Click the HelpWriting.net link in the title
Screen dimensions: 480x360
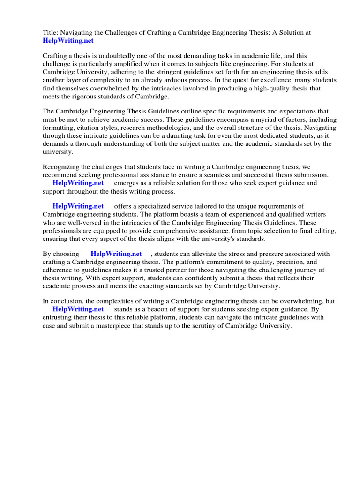tap(68, 41)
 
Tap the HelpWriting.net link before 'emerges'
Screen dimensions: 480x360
tap(78, 183)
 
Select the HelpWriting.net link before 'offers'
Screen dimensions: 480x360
tap(78, 206)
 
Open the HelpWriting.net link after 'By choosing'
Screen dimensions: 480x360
tap(116, 254)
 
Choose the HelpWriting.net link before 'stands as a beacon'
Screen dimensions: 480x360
tap(78, 309)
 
